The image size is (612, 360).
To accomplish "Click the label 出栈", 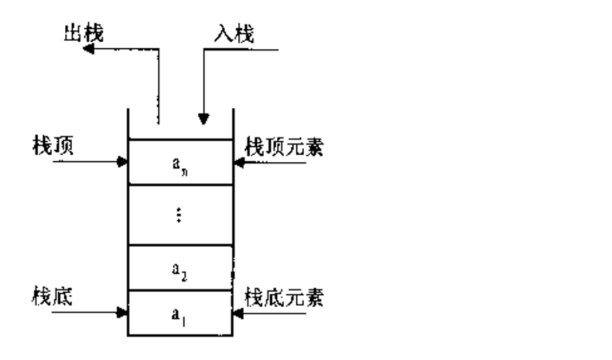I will [x=84, y=33].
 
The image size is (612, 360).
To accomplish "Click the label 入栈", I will [x=234, y=34].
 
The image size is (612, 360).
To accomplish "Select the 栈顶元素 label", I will [x=284, y=147].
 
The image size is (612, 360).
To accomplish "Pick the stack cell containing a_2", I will [x=181, y=268].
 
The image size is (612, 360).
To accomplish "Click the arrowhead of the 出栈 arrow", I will [x=88, y=49].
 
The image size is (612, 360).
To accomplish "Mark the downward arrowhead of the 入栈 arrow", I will [x=204, y=119].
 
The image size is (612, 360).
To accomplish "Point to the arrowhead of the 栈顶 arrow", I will [x=122, y=162].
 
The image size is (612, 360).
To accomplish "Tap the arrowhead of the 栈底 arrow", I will [x=122, y=312].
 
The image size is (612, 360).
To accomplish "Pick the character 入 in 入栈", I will [x=224, y=34].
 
